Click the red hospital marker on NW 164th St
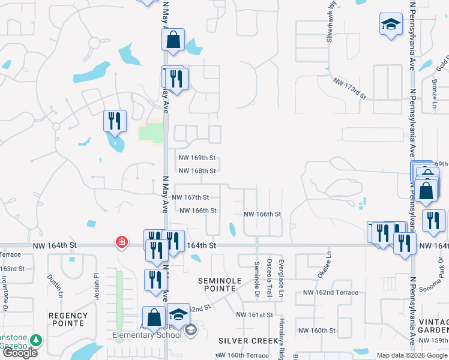point(122,242)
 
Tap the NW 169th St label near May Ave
point(197,158)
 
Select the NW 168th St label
point(197,171)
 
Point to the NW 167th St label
point(190,197)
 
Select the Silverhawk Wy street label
point(330,24)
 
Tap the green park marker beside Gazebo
point(36,340)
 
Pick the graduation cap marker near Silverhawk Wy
point(391,25)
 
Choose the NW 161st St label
point(255,315)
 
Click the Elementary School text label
point(147,335)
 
